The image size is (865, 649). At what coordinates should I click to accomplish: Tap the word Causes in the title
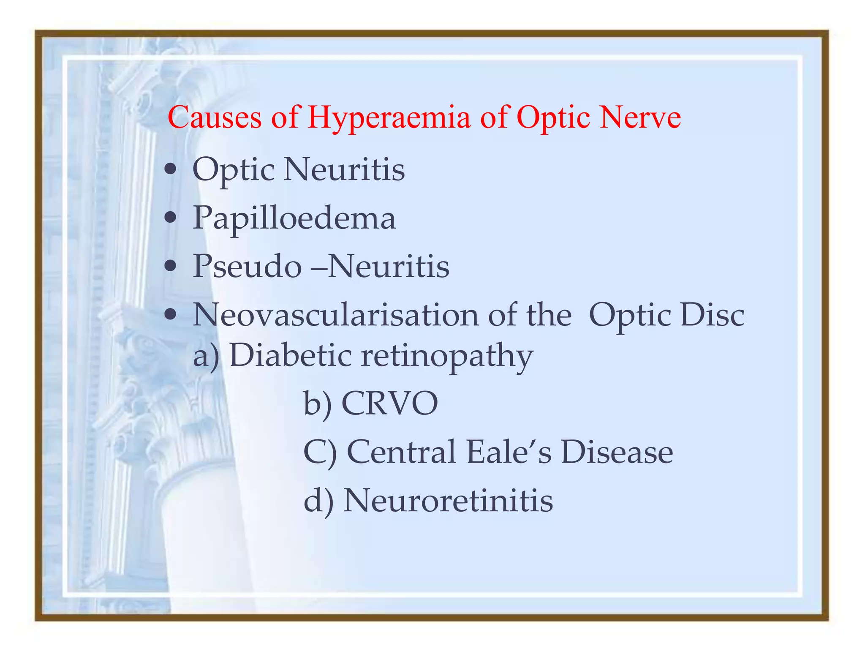coord(214,117)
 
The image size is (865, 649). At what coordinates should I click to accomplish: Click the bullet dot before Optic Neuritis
coord(171,170)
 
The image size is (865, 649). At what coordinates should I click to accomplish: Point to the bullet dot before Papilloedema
coord(171,218)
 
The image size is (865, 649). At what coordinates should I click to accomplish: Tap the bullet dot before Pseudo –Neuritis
coord(171,267)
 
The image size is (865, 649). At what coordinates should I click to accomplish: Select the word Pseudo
coord(247,266)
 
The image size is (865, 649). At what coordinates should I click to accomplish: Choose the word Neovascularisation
coord(335,315)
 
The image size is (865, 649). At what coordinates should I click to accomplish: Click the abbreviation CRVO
coord(389,404)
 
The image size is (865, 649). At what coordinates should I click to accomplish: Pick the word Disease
coord(617,452)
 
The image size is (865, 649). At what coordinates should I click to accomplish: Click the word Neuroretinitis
coord(448,500)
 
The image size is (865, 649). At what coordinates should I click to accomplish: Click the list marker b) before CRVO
coord(318,404)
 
